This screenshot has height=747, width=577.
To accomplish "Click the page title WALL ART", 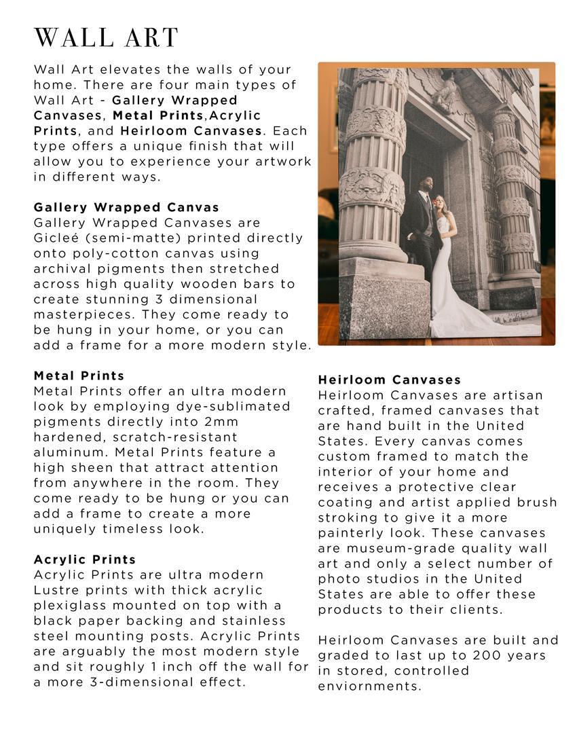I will click(x=106, y=38).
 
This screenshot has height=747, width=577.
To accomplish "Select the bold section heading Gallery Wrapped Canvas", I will click(x=126, y=207).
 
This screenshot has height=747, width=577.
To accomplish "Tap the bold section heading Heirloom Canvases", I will click(x=390, y=380).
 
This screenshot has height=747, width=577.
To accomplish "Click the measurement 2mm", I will click(x=221, y=422).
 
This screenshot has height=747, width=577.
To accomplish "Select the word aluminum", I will click(x=71, y=452).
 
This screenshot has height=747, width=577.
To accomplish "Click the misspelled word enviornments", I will click(x=369, y=686).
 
